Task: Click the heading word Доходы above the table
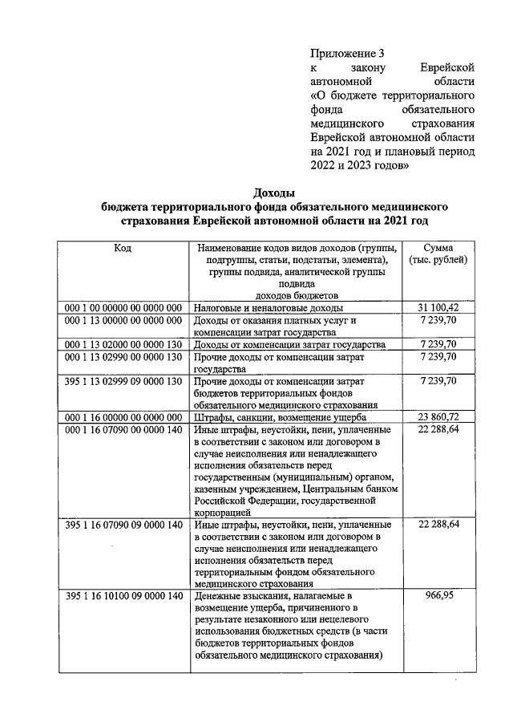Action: tap(274, 193)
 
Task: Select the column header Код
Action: tap(123, 248)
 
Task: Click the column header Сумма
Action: tap(438, 248)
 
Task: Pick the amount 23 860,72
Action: tap(438, 418)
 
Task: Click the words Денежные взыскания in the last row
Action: tap(241, 598)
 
